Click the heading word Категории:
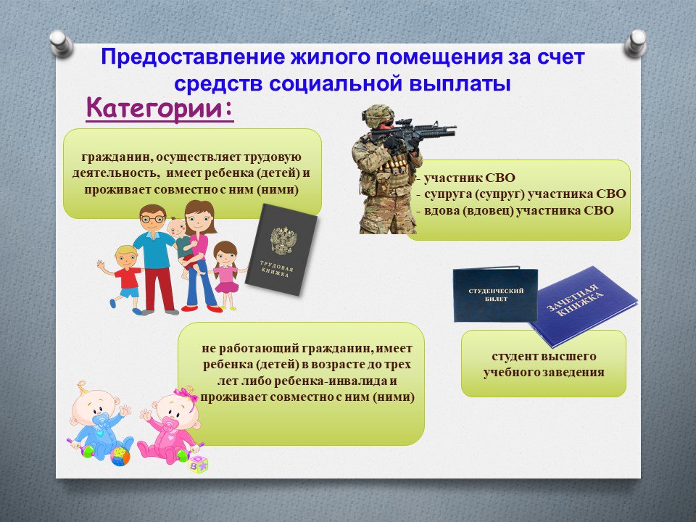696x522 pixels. [159, 109]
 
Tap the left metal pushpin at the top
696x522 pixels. [61, 43]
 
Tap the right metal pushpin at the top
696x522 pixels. [635, 43]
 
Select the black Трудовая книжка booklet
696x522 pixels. [281, 250]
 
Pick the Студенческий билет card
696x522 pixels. [495, 294]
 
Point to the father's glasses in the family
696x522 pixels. [152, 219]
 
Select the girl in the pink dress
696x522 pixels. [227, 275]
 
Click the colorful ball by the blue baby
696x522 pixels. [120, 456]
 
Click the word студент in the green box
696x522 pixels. [515, 357]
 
